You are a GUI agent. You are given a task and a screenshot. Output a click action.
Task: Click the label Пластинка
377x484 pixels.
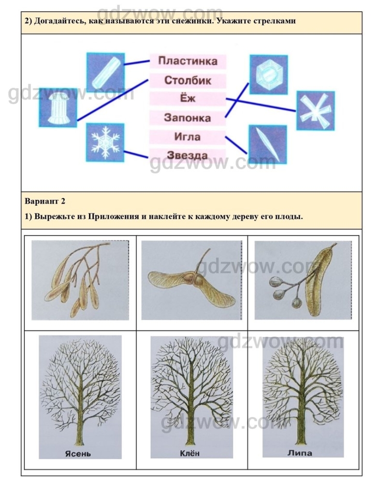click(188, 61)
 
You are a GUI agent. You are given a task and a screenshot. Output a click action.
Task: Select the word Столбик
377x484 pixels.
click(188, 80)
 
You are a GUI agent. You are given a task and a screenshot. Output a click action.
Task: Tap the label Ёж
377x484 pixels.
click(188, 98)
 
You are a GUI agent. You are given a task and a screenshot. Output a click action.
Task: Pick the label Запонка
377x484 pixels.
click(188, 118)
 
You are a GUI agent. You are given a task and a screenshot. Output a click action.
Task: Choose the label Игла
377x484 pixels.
click(188, 136)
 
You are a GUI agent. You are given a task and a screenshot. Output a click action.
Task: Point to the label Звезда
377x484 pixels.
click(188, 155)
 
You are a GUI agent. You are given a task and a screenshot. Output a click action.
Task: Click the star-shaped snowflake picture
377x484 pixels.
click(105, 142)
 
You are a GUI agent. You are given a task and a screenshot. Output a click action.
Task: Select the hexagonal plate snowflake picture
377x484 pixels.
click(269, 75)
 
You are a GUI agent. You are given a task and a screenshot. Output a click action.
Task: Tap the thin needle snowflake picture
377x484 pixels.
click(268, 144)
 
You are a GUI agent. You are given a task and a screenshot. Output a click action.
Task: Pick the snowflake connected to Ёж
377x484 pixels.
click(315, 110)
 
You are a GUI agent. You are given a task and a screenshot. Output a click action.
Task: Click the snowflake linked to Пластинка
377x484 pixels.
click(106, 72)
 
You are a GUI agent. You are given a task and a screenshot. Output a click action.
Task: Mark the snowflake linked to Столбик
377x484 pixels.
click(58, 107)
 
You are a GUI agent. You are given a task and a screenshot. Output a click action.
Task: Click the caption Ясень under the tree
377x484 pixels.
click(78, 454)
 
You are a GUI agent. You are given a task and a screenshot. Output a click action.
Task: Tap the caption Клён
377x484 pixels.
click(189, 453)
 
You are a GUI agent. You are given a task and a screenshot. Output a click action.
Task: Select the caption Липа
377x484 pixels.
click(300, 453)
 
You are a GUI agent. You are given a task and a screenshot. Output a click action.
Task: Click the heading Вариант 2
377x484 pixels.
click(45, 201)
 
